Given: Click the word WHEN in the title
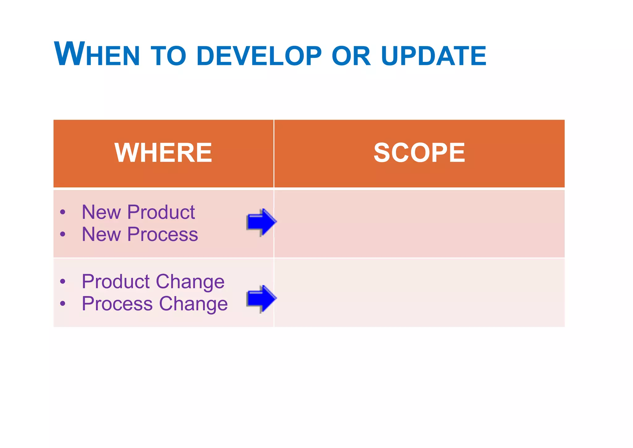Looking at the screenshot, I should tap(97, 54).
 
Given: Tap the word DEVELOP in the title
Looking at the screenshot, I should tap(259, 56).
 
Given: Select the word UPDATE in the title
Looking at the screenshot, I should tap(434, 56).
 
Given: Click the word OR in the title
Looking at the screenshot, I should tap(351, 56).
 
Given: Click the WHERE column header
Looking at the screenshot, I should tap(163, 153).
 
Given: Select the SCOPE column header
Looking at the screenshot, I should tap(419, 153).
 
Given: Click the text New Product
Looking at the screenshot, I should tap(138, 212).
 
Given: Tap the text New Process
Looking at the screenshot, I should tap(140, 234).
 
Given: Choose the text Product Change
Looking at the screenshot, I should tap(153, 282).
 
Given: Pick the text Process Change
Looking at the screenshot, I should tap(155, 304).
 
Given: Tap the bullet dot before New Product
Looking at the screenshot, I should tap(63, 212).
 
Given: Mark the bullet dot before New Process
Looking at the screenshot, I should tap(63, 234).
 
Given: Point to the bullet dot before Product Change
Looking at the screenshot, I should tap(63, 282).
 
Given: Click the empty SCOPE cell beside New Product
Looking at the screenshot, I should tap(419, 224).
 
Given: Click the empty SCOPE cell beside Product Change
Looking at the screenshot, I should tap(419, 293).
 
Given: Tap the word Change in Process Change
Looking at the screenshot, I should tap(193, 304).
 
